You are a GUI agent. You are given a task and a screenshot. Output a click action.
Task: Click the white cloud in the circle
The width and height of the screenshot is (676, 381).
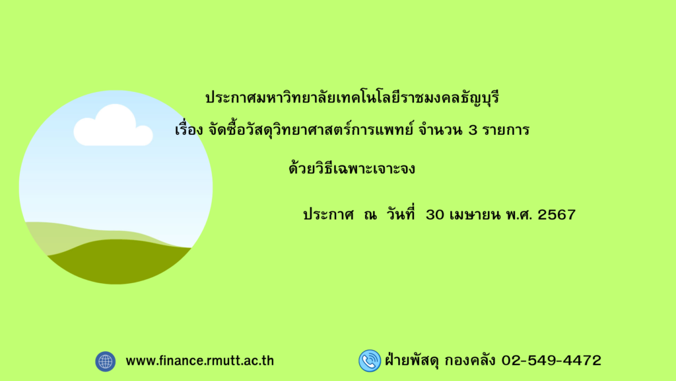coord(113,126)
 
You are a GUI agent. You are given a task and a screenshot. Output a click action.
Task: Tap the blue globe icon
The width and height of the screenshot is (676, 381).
coord(105,361)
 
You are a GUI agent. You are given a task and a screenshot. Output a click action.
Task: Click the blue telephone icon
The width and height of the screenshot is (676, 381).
coord(370,360)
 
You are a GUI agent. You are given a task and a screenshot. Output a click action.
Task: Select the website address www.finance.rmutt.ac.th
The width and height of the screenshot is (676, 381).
coord(199,360)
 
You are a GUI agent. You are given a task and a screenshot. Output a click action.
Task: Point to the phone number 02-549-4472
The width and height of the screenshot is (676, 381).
coord(551,360)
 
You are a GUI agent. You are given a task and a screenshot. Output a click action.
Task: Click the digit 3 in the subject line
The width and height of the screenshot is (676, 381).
coord(473,130)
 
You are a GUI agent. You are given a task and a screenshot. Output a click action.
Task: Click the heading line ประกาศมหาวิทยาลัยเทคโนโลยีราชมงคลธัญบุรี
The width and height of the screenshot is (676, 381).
coord(353,97)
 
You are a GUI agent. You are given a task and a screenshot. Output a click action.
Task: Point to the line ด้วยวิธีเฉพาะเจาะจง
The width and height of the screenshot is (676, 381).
coord(352,167)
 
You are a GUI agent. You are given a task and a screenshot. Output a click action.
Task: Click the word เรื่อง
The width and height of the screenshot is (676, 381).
coord(189,129)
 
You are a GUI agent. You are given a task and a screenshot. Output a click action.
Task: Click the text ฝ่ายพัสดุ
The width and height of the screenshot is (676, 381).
coord(412,359)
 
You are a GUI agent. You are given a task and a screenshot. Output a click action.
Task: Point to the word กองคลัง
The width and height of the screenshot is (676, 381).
coord(470,360)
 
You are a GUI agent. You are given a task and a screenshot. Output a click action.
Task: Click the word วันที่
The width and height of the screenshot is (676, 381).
coord(401,214)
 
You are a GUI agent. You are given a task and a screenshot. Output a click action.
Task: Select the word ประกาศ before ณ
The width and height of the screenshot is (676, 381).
coord(329,215)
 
